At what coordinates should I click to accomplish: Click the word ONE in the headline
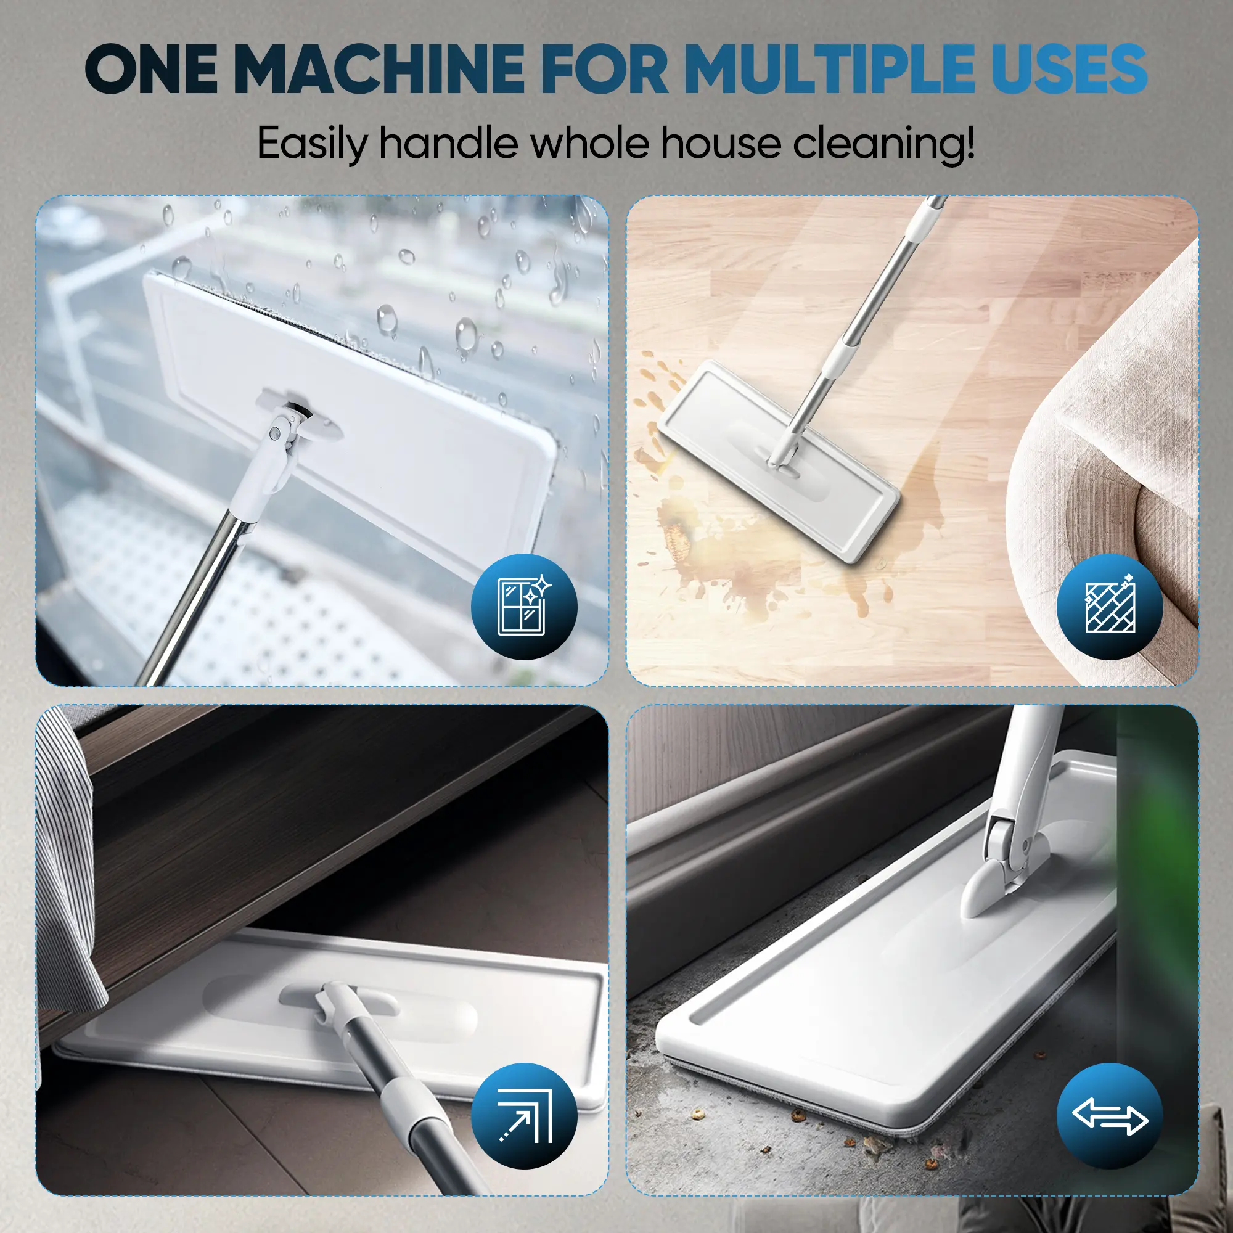[150, 68]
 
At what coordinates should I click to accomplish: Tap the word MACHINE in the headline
[379, 68]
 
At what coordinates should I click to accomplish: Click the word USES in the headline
[1069, 68]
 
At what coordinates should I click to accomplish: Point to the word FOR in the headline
[604, 68]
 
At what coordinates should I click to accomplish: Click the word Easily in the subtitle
[311, 144]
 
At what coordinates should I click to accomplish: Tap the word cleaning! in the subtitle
[884, 144]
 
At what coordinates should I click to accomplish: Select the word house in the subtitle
[721, 143]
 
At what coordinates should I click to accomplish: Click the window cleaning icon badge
[524, 607]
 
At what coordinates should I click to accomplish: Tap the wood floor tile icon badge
[1110, 607]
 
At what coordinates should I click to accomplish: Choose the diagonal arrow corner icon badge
[524, 1116]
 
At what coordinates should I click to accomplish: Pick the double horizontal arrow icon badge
[1110, 1116]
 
